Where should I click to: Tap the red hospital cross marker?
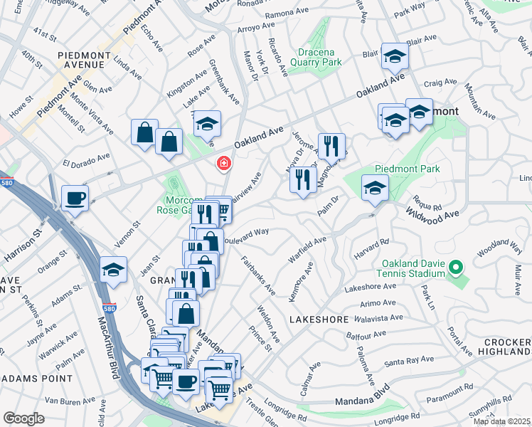224,164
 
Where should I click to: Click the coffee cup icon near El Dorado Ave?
75,199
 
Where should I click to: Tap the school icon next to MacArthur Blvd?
113,270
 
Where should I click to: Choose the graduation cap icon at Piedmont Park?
374,188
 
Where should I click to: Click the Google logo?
23,418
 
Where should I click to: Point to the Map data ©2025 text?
501,421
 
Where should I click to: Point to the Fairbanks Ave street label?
258,275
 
